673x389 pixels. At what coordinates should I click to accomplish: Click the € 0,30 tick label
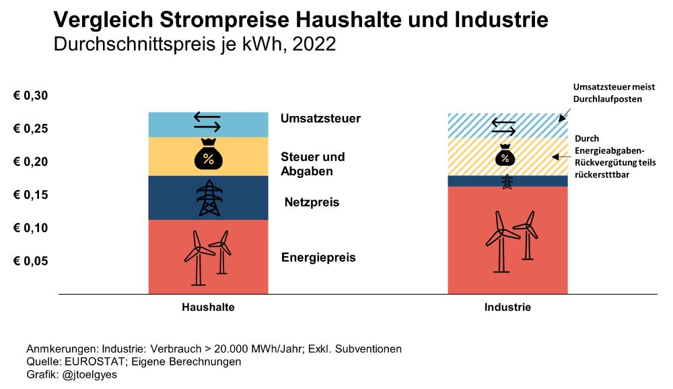(x=30, y=96)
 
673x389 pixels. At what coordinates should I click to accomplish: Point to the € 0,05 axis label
(x=30, y=261)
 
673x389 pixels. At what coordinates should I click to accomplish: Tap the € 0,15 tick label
(x=30, y=195)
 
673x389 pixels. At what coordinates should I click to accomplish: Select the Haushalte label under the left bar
(x=208, y=307)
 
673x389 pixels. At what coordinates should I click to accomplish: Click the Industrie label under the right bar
(x=507, y=307)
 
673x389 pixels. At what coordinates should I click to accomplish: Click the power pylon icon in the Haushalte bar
(x=208, y=198)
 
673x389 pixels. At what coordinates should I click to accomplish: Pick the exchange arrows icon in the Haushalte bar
(x=207, y=121)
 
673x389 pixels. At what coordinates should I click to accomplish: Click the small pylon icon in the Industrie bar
(x=508, y=181)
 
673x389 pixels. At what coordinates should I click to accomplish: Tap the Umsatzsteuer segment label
(x=320, y=119)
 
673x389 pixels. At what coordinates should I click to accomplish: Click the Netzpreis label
(x=312, y=202)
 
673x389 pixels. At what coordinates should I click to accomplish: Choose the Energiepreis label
(x=318, y=258)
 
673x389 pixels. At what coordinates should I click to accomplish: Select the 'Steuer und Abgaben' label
(x=312, y=164)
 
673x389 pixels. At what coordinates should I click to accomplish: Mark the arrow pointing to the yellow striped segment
(x=560, y=156)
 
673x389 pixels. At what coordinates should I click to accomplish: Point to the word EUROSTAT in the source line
(x=87, y=362)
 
